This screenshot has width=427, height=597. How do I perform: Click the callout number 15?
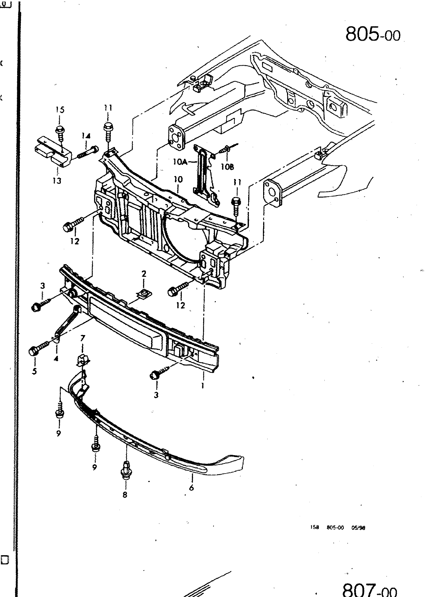coord(60,110)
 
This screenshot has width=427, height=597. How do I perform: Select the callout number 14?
coord(86,136)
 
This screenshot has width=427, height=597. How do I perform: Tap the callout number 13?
coord(57,181)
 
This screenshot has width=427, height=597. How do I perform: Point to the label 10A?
coord(180,162)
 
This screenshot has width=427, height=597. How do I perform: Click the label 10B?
coord(227,166)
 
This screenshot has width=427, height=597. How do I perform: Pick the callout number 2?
coord(144,274)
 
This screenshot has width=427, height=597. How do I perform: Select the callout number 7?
coord(82,338)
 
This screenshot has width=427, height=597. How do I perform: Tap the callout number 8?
coord(125,495)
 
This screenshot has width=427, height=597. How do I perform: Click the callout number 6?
coord(191,488)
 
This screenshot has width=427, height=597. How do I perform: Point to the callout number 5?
coord(34,371)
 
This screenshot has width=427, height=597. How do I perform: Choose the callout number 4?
coord(56,359)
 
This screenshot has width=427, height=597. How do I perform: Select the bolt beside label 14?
coord(88,152)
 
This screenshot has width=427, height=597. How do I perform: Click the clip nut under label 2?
coord(144,294)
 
